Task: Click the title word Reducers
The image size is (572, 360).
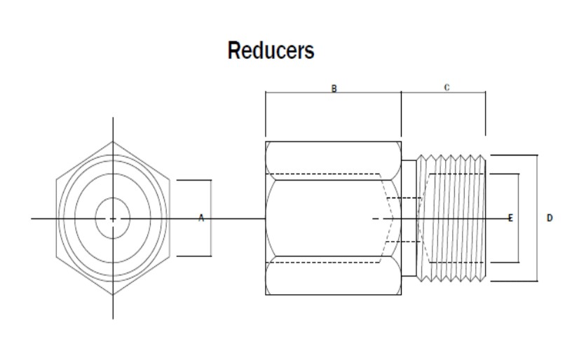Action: coord(271,51)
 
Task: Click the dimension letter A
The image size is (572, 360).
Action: coord(200,219)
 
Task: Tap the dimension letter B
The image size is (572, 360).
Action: coord(334,89)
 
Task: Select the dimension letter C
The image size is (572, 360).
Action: coord(447,88)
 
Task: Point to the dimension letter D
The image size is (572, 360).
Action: coord(550,219)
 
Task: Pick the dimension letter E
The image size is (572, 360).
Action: coord(510,219)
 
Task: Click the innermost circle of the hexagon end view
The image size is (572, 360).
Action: coord(113,219)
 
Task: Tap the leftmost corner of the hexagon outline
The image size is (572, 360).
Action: coord(57,219)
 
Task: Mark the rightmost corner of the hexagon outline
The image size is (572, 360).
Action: coord(170,219)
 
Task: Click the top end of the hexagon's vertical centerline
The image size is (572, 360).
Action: coord(113,118)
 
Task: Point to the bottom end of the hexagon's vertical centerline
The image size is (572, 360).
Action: coord(113,317)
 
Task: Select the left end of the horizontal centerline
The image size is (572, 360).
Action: coord(32,219)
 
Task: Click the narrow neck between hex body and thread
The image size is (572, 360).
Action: coord(409,219)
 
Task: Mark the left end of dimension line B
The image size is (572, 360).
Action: coord(266,92)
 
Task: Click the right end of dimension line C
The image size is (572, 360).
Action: coord(485,92)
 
